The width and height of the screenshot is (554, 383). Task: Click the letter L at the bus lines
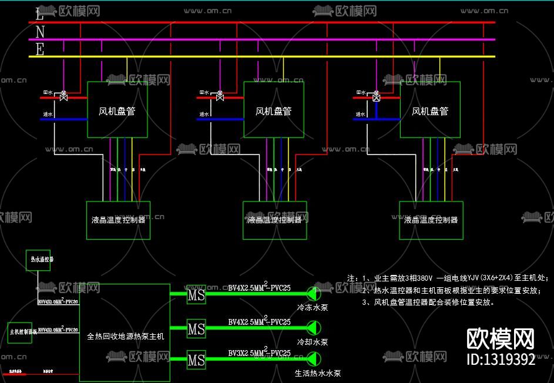39,13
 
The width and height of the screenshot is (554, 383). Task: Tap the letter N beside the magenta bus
39,31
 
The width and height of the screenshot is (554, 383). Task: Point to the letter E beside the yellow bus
39,50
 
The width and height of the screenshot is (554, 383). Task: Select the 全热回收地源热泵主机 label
125,337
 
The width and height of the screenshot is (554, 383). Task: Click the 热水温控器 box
38,260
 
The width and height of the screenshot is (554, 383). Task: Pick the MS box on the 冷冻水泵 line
196,295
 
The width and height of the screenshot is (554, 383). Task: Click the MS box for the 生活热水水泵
196,359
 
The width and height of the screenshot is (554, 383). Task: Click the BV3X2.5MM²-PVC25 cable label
259,352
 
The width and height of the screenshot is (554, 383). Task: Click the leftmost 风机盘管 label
117,111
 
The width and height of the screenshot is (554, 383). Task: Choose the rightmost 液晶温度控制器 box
431,220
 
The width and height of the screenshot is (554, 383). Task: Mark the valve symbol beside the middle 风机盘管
220,96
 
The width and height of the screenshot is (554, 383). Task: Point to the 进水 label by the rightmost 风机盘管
361,115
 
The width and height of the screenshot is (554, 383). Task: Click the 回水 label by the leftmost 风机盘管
48,93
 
